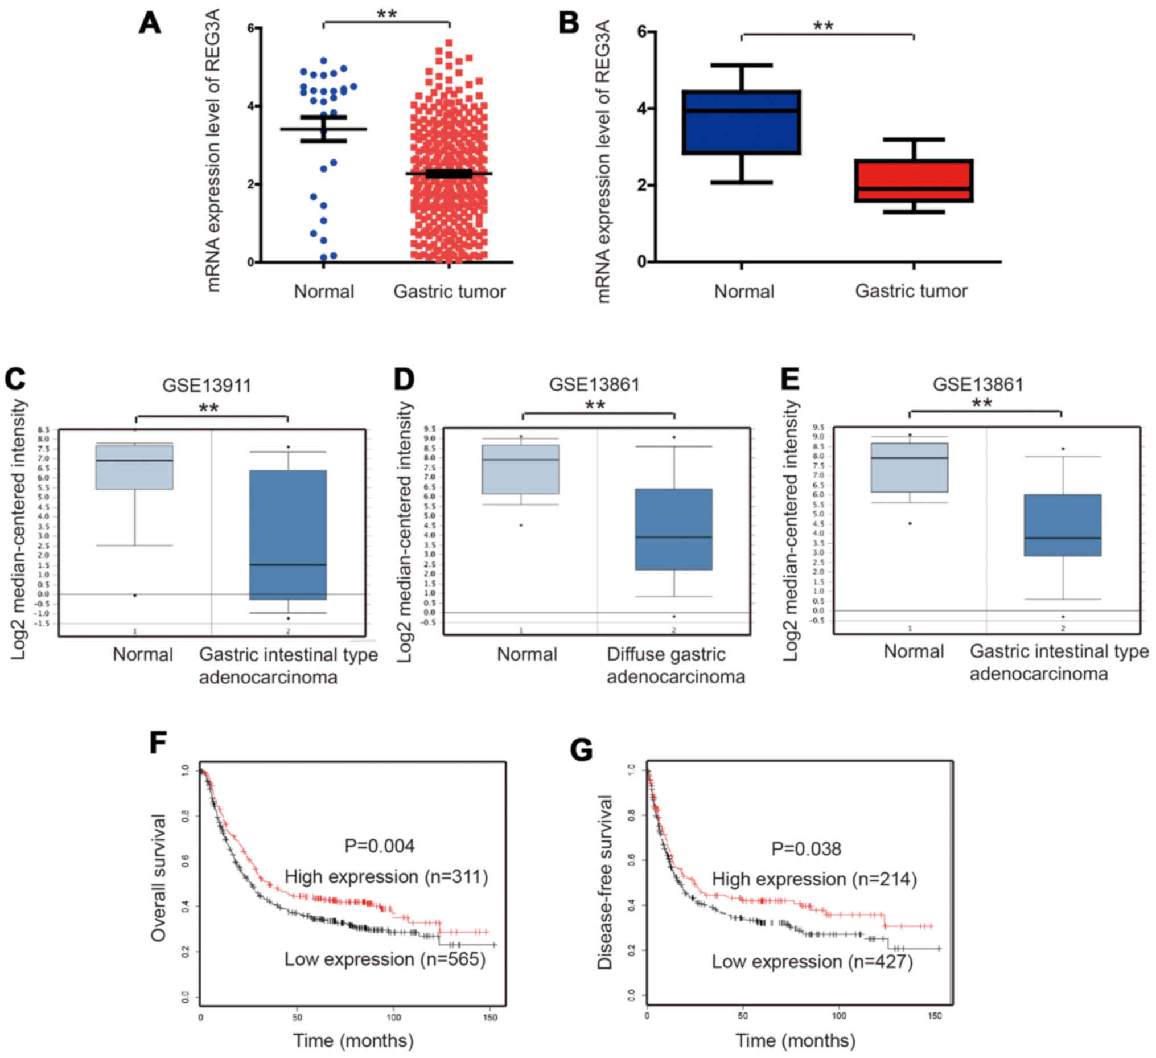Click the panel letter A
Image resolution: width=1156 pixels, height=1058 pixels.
point(150,23)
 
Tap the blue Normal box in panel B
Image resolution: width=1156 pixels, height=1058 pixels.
point(742,122)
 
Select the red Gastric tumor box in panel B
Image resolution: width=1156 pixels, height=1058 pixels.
point(914,181)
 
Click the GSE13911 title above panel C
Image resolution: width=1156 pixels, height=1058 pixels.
point(207,385)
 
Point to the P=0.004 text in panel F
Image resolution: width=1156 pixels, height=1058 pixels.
point(379,846)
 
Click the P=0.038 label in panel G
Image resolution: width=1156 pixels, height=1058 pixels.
point(805,848)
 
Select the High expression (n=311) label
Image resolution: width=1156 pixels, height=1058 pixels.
point(386,877)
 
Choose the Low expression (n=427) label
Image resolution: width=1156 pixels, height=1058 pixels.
point(812,962)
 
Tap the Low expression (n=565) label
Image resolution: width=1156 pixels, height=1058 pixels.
point(385,959)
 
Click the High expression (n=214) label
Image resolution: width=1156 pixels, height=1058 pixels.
point(814,879)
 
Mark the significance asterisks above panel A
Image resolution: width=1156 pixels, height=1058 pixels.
point(386,14)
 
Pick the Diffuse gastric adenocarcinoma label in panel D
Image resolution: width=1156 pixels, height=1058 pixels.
point(676,666)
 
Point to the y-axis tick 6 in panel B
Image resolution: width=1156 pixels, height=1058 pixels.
point(641,31)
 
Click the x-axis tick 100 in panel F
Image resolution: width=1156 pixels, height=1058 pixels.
point(394,1017)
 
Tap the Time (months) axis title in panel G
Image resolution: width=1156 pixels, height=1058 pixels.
point(795,1041)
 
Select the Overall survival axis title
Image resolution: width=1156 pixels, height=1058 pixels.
point(158,877)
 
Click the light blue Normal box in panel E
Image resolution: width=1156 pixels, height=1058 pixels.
point(910,468)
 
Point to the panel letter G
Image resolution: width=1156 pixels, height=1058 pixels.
point(582,750)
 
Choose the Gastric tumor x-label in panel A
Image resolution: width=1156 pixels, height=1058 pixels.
point(449,292)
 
